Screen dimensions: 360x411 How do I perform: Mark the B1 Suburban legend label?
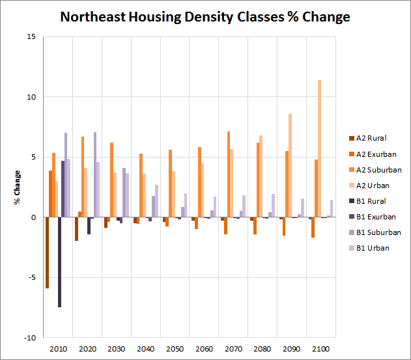point(379,232)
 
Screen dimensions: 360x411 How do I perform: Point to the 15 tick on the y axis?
point(31,36)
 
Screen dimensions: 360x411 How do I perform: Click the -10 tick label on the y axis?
point(30,338)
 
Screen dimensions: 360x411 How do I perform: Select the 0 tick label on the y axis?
point(33,217)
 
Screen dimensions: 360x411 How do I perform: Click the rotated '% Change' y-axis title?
point(18,187)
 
